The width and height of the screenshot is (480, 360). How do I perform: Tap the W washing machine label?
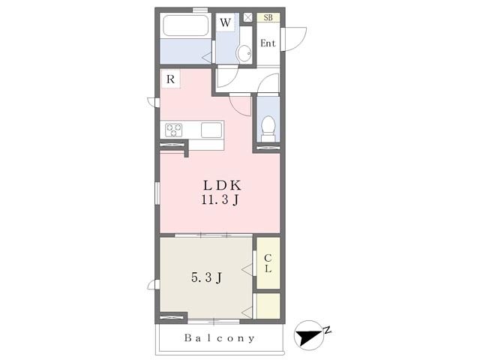click(x=225, y=22)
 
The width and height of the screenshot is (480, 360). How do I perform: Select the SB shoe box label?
click(x=268, y=18)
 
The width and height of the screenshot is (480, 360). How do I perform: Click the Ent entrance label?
click(x=268, y=43)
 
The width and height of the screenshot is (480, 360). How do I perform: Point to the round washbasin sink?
click(x=244, y=53)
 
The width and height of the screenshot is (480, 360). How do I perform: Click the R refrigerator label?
click(x=170, y=79)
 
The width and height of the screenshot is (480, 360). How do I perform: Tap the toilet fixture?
click(x=268, y=128)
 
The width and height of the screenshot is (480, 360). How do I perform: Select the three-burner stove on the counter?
click(x=174, y=130)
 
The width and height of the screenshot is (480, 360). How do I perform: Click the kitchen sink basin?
click(x=211, y=130)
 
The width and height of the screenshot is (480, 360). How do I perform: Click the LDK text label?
click(x=223, y=185)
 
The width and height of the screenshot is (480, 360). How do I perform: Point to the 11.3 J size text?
click(x=220, y=200)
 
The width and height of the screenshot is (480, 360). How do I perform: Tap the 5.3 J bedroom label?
click(x=206, y=277)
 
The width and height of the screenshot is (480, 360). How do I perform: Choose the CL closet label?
click(x=268, y=263)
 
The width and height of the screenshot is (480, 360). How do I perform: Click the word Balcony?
click(x=219, y=338)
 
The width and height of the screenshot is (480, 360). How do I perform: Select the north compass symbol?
click(x=309, y=335)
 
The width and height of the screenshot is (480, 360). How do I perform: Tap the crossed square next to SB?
click(x=248, y=17)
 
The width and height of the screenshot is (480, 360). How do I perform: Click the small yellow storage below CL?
click(x=268, y=306)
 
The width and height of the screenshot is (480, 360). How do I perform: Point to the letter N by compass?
click(x=328, y=330)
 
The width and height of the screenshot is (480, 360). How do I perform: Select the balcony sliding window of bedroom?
click(x=214, y=322)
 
